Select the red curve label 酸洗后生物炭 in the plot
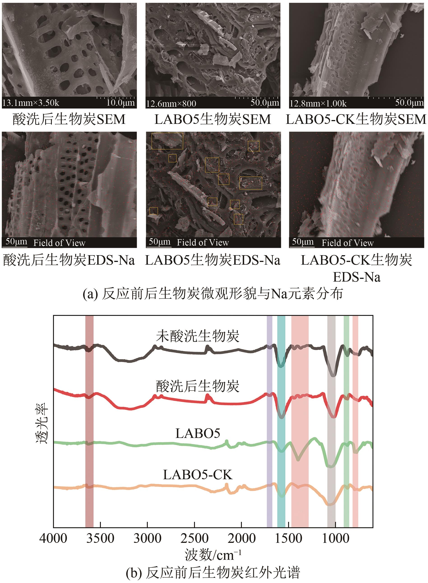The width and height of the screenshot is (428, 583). coord(198,386)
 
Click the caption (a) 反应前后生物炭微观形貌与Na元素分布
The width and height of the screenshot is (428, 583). coord(213,294)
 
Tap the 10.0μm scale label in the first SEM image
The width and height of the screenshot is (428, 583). coord(120,103)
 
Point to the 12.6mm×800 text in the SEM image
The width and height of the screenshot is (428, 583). coord(171,104)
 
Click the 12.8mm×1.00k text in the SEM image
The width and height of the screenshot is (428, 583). coord(318,104)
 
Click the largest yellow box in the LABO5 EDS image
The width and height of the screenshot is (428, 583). coord(167,141)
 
